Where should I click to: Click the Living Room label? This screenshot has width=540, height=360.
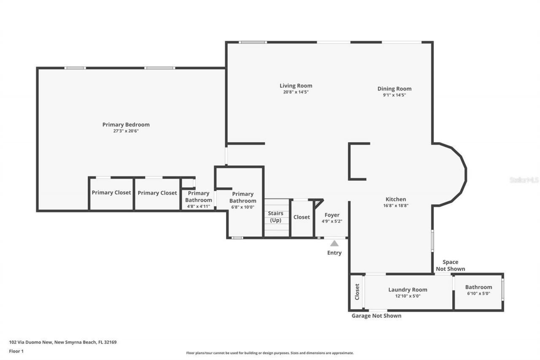click(x=296, y=86)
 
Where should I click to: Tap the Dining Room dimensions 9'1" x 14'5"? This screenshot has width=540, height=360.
click(x=394, y=95)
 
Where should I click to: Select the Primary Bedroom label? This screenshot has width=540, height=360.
click(x=126, y=125)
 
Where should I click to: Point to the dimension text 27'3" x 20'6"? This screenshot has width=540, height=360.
click(x=126, y=131)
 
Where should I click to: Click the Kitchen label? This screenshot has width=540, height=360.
click(x=396, y=199)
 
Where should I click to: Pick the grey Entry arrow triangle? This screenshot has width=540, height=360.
click(x=334, y=243)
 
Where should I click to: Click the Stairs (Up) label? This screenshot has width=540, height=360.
click(x=276, y=217)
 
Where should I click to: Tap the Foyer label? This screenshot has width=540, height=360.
click(x=332, y=215)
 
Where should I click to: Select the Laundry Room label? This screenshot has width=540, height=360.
click(x=408, y=290)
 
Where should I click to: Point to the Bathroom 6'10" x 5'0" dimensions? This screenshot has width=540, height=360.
click(x=478, y=293)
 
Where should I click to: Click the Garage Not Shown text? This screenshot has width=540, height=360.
click(x=376, y=316)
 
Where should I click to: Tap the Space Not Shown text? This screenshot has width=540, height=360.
click(x=450, y=265)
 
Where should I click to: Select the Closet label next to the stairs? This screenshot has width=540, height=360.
click(x=302, y=217)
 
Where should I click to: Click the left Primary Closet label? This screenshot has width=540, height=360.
click(x=111, y=192)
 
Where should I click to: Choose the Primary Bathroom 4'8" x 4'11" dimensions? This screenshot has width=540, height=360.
click(x=198, y=206)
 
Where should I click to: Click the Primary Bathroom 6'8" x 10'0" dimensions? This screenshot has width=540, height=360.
click(x=243, y=207)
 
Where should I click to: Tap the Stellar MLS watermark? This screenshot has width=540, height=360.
click(x=524, y=180)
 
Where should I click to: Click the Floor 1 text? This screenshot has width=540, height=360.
click(x=16, y=351)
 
